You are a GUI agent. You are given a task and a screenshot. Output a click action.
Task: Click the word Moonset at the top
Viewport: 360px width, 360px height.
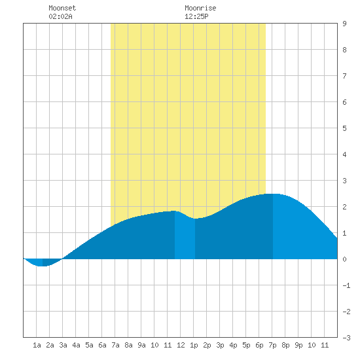click(62, 8)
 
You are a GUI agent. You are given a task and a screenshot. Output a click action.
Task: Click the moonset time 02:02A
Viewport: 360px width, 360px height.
click(60, 16)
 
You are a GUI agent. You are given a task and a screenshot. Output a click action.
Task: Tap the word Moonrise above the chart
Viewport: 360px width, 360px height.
click(200, 8)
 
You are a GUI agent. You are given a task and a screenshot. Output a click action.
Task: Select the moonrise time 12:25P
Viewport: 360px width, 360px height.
click(196, 16)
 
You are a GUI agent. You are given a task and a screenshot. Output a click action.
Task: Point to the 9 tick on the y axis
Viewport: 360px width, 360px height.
click(344, 24)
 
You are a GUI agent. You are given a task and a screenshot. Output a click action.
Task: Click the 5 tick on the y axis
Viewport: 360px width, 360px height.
click(344, 128)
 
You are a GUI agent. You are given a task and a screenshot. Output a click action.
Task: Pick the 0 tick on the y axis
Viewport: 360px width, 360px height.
click(344, 259)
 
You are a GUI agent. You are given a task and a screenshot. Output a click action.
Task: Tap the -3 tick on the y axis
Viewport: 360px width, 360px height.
click(346, 338)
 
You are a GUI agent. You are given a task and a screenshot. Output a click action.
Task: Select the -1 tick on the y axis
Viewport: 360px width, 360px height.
click(346, 285)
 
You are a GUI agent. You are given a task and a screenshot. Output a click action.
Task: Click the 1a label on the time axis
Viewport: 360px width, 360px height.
click(37, 345)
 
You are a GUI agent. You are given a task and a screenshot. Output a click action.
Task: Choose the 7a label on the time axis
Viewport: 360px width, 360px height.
click(115, 345)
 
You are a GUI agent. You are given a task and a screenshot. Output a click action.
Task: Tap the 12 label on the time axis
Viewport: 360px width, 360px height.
click(181, 345)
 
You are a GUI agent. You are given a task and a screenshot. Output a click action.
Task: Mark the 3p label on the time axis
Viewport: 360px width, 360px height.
click(220, 345)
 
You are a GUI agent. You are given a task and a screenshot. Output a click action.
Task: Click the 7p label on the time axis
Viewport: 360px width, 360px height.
click(272, 345)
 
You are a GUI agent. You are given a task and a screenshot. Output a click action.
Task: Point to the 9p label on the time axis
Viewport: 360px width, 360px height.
click(298, 345)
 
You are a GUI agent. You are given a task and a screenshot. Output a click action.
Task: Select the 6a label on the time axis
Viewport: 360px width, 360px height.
click(102, 345)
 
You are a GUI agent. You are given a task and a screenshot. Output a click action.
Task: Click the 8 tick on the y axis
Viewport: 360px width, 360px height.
click(344, 50)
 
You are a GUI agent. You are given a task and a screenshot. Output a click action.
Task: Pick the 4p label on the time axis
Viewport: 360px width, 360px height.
click(233, 345)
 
